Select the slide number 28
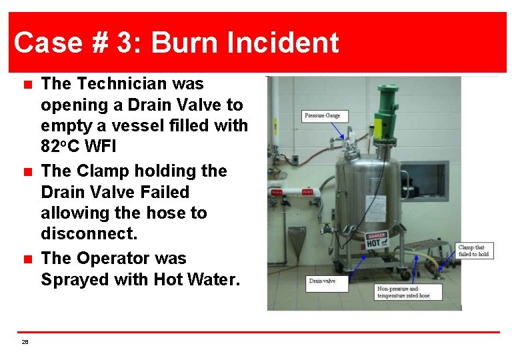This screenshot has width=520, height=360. (x=25, y=341)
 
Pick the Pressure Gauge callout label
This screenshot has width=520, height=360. (x=322, y=115)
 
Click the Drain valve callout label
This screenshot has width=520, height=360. (x=323, y=281)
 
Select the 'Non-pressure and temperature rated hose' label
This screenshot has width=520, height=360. (x=404, y=292)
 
